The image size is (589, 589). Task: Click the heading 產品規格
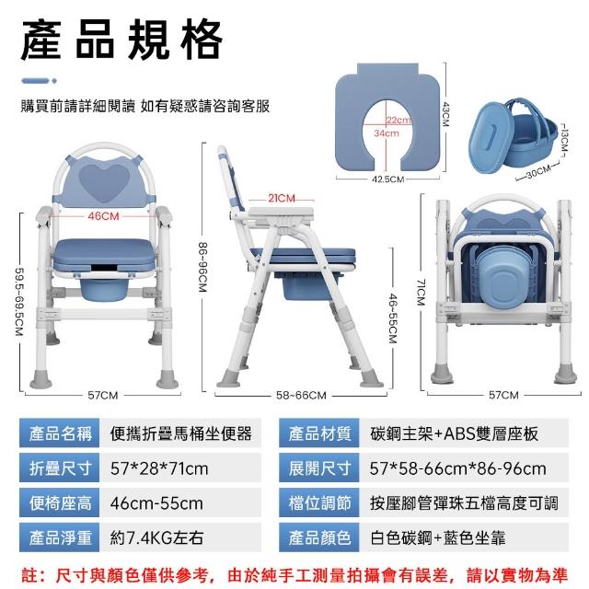121,40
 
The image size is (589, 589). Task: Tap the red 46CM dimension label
103,216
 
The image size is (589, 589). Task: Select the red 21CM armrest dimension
282,198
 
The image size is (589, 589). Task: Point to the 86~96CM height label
202,267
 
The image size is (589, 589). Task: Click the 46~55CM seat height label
393,318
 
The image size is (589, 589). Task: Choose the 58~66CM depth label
301,395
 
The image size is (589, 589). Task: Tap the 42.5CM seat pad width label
388,179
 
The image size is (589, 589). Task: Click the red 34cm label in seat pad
387,133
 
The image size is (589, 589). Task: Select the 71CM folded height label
422,292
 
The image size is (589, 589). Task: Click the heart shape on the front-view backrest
104,183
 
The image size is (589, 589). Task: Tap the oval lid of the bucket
490,138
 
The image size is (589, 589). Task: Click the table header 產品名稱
60,433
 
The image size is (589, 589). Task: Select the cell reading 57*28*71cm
159,468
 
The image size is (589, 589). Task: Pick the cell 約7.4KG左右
156,537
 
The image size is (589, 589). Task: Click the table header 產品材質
319,433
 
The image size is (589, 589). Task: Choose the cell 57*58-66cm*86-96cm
458,468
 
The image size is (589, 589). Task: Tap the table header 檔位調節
319,502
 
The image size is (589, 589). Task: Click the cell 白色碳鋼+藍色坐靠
438,537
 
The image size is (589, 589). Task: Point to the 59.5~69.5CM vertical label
19,301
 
